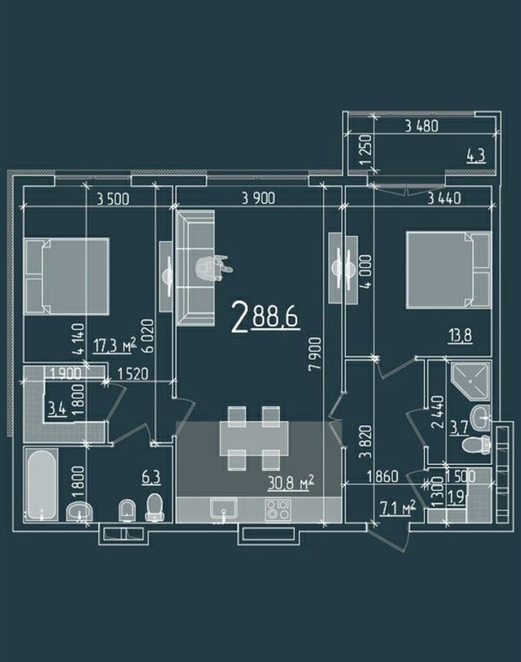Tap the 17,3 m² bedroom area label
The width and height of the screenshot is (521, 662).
pos(115,346)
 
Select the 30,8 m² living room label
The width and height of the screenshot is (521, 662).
pos(291,482)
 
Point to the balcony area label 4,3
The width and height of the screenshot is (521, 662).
pos(475,155)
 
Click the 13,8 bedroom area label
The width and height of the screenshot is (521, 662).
pos(459,336)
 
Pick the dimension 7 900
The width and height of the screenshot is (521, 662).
pos(315,354)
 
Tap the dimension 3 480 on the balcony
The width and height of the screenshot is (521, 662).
pos(422,126)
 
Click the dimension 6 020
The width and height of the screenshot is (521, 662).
pos(148,336)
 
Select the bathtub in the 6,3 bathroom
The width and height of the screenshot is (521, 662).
pos(41,485)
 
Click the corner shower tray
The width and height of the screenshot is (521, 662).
pos(469,381)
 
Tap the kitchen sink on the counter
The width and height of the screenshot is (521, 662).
pos(223,509)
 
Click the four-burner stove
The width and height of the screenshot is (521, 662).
pos(278,509)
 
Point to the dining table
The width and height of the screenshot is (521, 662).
pos(254,438)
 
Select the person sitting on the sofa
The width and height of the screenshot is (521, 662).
pos(213,267)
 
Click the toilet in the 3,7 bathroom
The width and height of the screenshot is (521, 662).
pos(476,444)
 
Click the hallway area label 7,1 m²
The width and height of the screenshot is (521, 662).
pos(398,508)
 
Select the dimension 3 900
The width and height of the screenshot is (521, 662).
pos(258,198)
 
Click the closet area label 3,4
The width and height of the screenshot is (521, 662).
pos(58,409)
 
